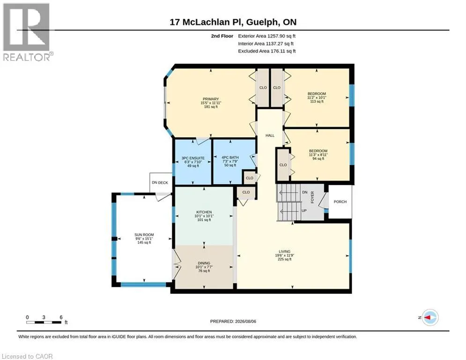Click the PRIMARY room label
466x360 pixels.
(x=211, y=99)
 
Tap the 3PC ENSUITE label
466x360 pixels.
(x=193, y=158)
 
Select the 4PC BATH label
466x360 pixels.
(x=230, y=157)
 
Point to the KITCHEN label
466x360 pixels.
(x=204, y=212)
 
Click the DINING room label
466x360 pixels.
(x=204, y=263)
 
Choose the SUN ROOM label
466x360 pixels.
(x=144, y=235)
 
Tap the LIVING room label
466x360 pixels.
(x=284, y=251)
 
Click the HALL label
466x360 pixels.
(x=270, y=135)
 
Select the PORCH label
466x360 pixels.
(x=340, y=202)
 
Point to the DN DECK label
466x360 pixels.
(x=160, y=183)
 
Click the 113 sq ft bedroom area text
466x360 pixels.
(x=317, y=101)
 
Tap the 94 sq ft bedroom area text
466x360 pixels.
(x=318, y=158)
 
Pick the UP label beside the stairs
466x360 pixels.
(x=304, y=210)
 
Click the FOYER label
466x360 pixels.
(x=312, y=197)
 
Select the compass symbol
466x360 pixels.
(x=430, y=317)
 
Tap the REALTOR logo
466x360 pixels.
(x=28, y=32)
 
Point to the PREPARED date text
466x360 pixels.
(x=233, y=321)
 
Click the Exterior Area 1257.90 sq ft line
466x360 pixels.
(x=266, y=36)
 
